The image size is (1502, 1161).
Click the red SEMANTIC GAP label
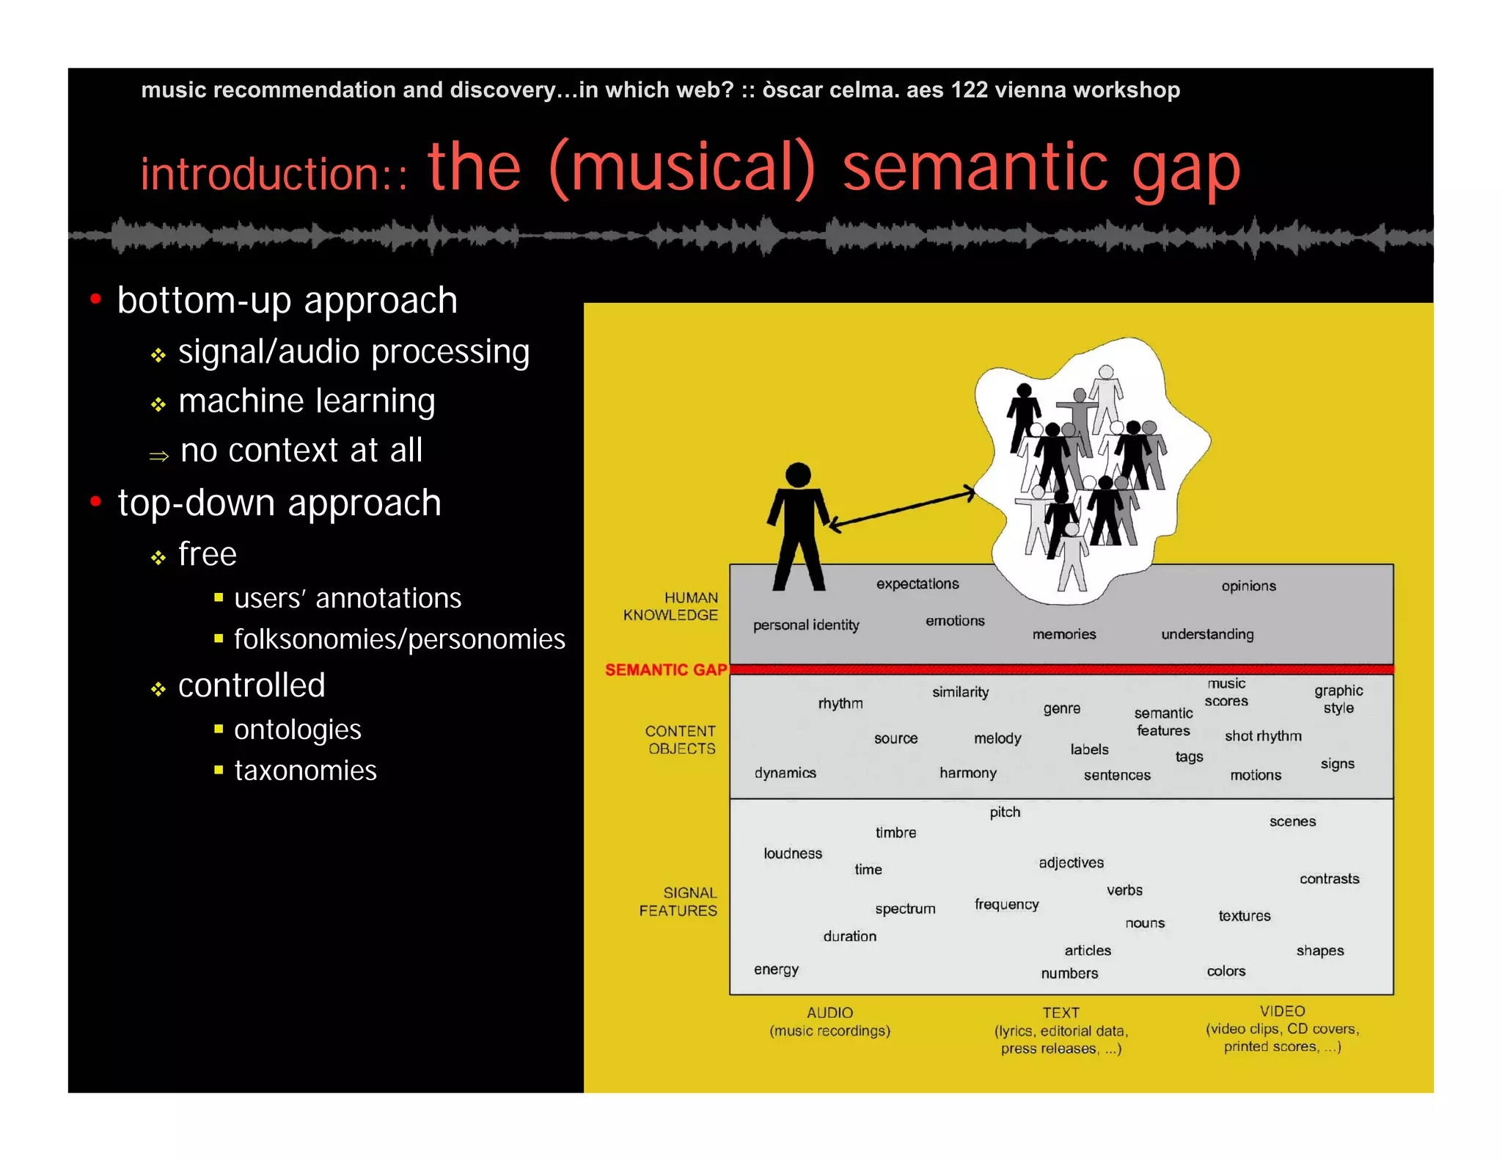pos(665,669)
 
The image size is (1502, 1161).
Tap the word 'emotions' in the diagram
pos(955,621)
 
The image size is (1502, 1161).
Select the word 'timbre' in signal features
pos(895,832)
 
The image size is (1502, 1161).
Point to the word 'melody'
pos(997,738)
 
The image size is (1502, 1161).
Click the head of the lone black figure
pos(798,475)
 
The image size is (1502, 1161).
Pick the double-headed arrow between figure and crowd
pos(902,507)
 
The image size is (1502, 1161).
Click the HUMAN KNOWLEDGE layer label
pos(670,606)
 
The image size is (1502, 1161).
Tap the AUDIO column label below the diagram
pos(829,1013)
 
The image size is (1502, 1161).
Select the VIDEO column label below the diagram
pos(1282,1011)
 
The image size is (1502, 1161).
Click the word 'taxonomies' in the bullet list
pos(305,771)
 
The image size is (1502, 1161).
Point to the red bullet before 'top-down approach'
pos(95,501)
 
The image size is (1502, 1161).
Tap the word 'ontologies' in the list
pos(297,729)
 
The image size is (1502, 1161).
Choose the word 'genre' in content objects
pos(1061,708)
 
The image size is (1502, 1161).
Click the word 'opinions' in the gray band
pos(1248,586)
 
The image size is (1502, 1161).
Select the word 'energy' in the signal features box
pos(776,969)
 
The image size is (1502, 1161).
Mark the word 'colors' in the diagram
pos(1226,971)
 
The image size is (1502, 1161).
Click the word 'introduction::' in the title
pos(274,174)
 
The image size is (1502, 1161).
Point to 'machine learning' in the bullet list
pos(307,401)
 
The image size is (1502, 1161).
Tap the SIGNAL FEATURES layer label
pos(678,901)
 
